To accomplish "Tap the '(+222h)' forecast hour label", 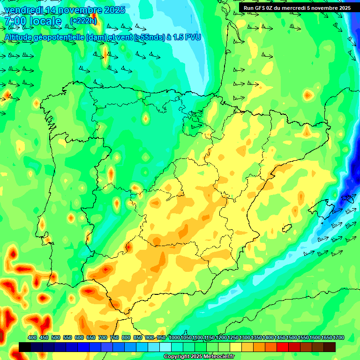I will [83, 21].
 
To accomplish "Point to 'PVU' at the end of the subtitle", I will [193, 37].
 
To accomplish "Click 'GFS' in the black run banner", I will [261, 8].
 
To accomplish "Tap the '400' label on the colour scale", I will [32, 337].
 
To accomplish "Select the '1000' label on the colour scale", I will [174, 337].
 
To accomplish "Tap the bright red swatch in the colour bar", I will [283, 347].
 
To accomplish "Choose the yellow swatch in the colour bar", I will [236, 347].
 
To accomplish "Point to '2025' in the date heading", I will [114, 10].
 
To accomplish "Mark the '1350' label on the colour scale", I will [256, 337].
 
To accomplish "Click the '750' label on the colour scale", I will [114, 337].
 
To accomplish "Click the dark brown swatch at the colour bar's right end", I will [330, 347].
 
